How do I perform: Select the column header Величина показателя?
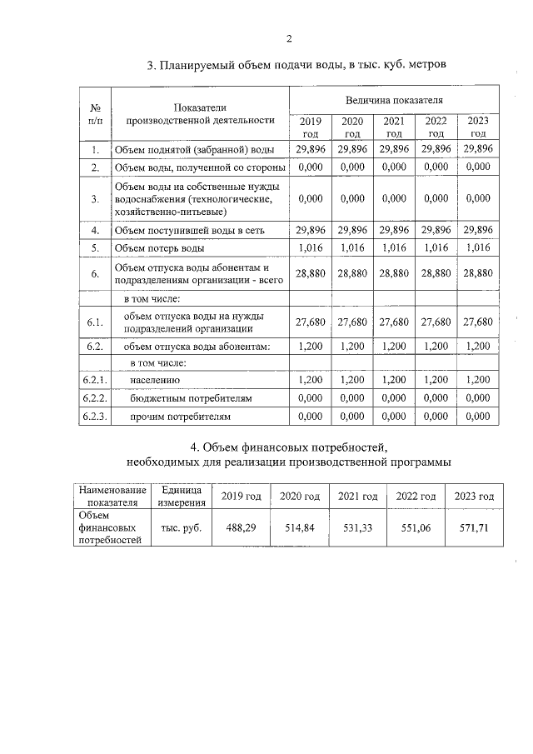394,100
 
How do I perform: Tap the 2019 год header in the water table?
310,127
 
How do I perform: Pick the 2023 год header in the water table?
478,127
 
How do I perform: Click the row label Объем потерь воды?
159,247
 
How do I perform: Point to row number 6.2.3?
95,416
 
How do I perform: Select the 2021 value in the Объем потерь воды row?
394,247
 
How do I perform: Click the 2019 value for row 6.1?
310,322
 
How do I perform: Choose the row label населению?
155,379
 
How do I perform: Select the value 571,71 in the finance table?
474,528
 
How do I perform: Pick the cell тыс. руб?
176,528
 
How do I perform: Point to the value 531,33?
357,528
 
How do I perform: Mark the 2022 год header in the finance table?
416,497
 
